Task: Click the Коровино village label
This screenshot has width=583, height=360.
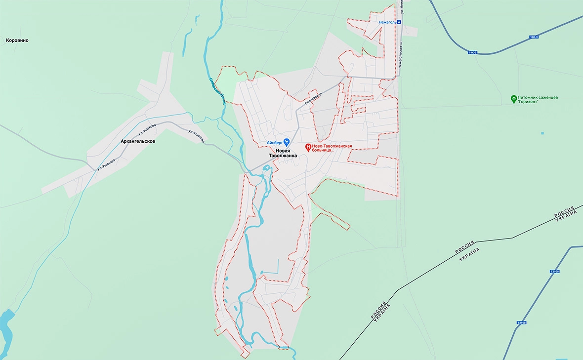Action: tap(17, 40)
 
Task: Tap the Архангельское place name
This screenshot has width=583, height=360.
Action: tap(138, 141)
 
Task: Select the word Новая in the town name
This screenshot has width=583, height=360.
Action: tap(283, 150)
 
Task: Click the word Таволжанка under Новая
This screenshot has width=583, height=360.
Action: tap(283, 156)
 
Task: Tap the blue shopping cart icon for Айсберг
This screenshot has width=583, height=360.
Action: tap(287, 142)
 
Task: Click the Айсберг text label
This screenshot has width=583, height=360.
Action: tap(274, 142)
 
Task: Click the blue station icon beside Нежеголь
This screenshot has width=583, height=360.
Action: tap(399, 22)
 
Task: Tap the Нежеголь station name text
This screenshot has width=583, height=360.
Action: tap(386, 22)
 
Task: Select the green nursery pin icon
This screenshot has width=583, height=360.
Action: tap(514, 99)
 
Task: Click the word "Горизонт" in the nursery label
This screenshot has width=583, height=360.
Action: tap(534, 103)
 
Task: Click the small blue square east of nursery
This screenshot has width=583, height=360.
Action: tap(542, 133)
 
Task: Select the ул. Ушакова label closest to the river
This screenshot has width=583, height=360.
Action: tap(197, 136)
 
